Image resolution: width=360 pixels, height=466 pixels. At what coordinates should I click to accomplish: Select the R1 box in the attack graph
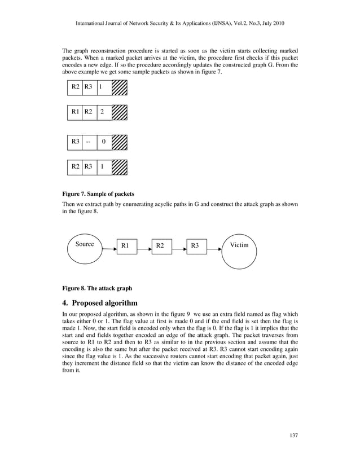tap(125, 245)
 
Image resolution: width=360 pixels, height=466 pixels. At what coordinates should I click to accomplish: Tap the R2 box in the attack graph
tap(161, 245)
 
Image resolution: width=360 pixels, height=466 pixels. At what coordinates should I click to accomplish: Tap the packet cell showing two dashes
tap(89, 142)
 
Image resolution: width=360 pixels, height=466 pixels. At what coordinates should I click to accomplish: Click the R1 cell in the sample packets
tap(74, 112)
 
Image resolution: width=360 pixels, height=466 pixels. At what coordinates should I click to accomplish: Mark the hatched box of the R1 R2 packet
tap(120, 112)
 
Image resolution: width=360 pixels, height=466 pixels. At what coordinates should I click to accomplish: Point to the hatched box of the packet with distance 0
tap(120, 142)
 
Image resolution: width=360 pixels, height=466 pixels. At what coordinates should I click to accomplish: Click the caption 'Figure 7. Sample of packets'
tap(98, 194)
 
